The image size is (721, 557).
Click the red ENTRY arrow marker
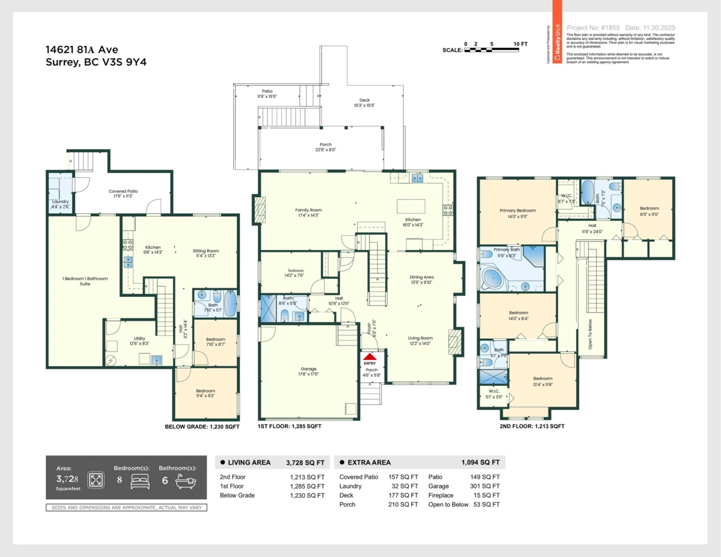pos(370,357)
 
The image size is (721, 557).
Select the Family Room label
pos(308,210)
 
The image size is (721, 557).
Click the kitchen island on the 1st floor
pos(411,206)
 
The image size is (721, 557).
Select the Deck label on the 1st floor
pos(364,100)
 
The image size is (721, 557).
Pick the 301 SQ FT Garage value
pos(487,486)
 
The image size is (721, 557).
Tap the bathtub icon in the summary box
pos(182,480)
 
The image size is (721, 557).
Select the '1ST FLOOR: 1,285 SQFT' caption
pos(290,426)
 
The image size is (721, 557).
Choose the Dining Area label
pos(421,277)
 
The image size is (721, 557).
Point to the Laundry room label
pos(60,201)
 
